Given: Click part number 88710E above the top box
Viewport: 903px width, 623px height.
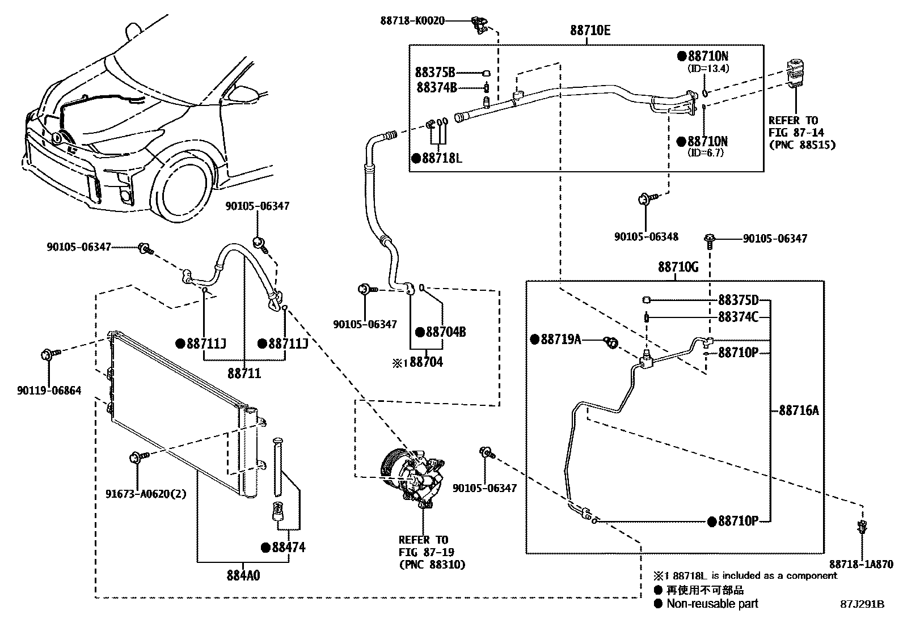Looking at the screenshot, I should (590, 31).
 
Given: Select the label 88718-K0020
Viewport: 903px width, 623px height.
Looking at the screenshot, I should (412, 21).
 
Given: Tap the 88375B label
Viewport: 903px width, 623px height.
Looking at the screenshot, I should (435, 73).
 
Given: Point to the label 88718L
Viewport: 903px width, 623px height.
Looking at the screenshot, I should (441, 158).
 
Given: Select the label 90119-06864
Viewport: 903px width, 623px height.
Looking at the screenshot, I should (49, 391).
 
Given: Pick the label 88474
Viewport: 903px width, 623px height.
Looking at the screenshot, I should (288, 547).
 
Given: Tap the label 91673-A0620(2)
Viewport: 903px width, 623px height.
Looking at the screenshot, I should (146, 493).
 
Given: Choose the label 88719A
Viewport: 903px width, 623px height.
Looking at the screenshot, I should (560, 339).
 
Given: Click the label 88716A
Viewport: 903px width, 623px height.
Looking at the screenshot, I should (799, 410).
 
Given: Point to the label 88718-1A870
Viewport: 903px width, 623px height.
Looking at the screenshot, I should (860, 564).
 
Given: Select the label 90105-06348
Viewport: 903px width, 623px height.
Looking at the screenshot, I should (646, 236).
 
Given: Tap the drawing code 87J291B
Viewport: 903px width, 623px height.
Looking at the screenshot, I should (862, 604).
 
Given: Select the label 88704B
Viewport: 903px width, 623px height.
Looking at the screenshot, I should (445, 332).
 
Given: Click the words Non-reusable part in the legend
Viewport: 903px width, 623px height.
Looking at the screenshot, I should (712, 604).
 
